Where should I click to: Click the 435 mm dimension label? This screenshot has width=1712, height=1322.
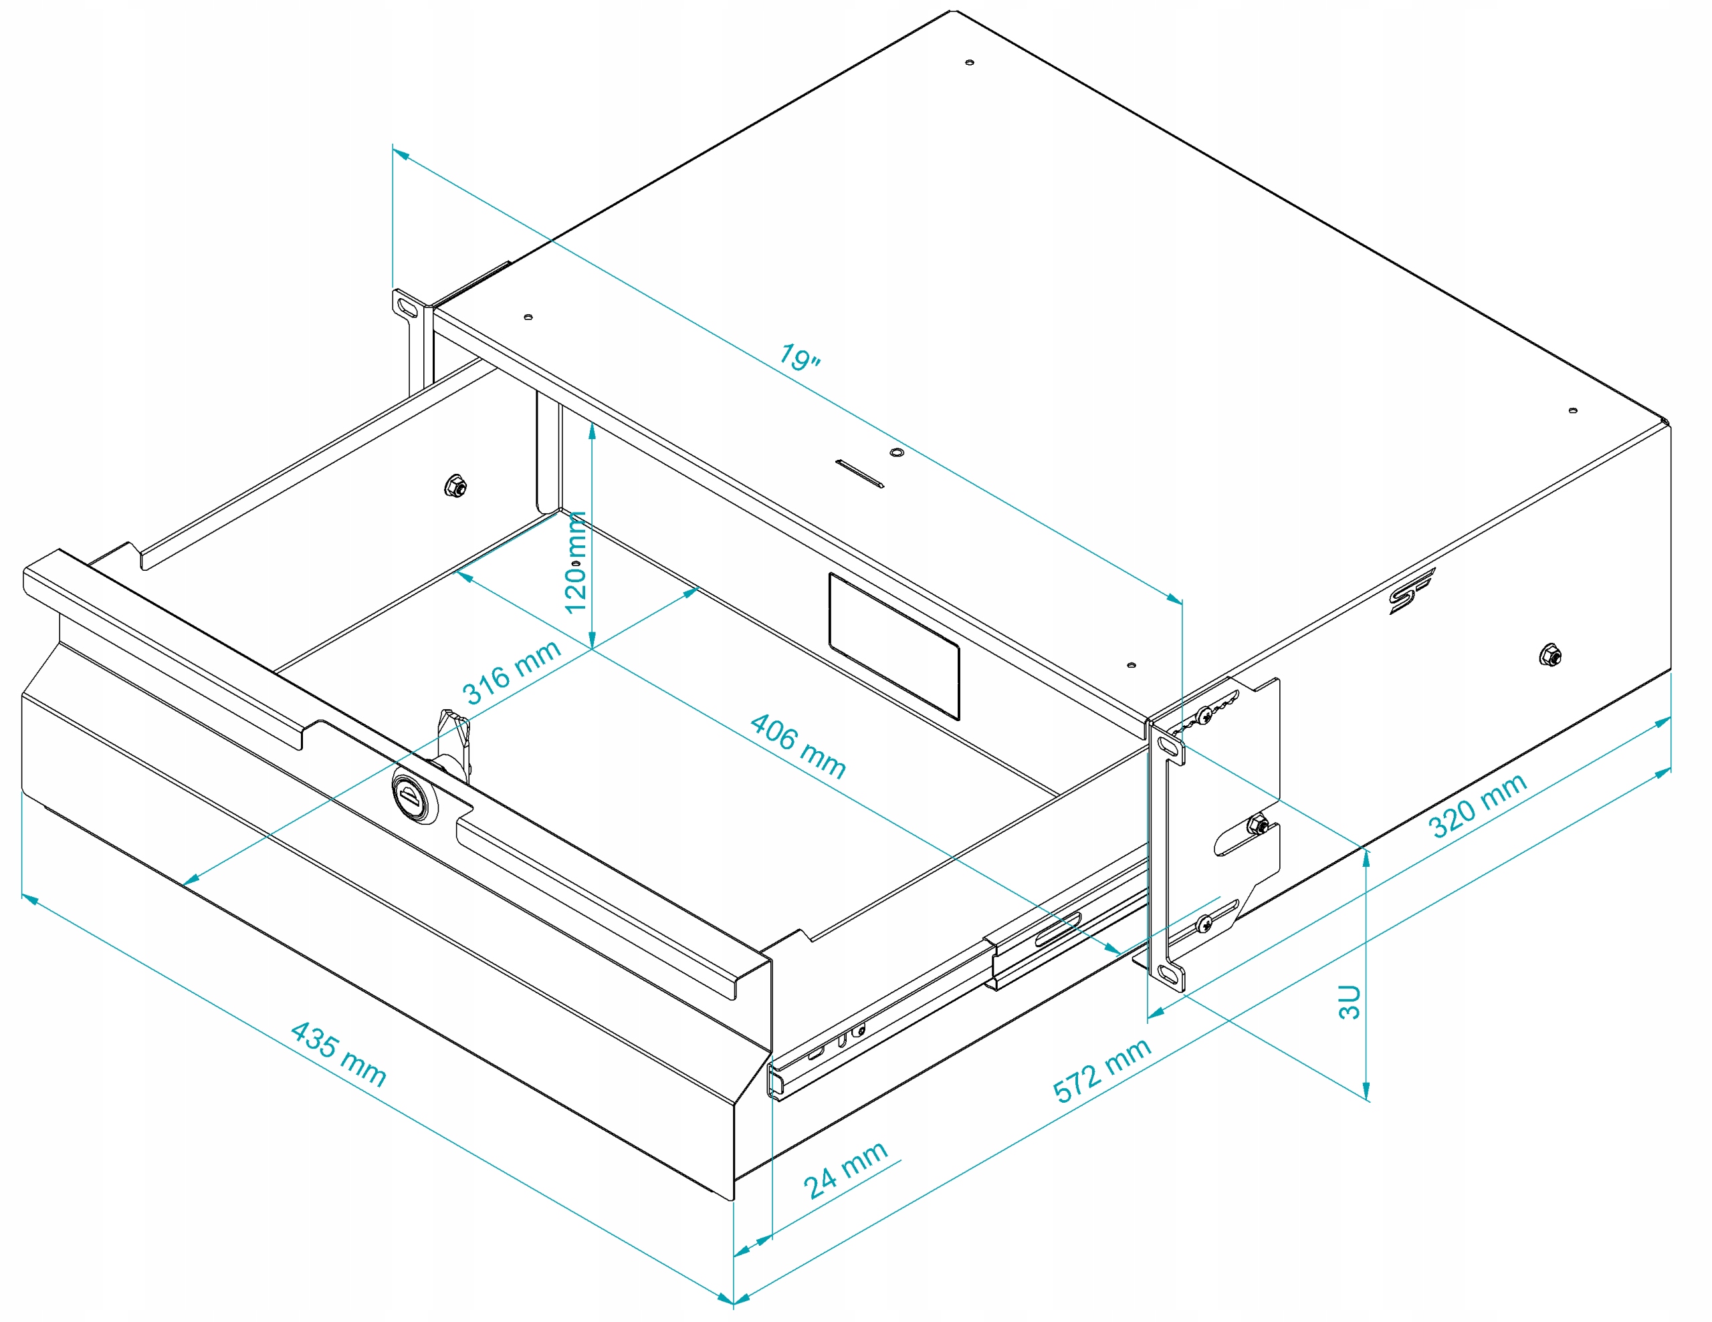click(338, 1054)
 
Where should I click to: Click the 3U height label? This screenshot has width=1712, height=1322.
click(1349, 1001)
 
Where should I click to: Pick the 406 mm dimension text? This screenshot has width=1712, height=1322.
click(797, 746)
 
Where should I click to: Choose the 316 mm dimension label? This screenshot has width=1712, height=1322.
click(511, 672)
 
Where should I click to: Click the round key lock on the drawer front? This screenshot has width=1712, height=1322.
click(413, 799)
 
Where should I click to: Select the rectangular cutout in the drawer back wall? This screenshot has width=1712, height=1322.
click(893, 646)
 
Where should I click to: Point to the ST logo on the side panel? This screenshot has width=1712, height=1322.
click(1411, 589)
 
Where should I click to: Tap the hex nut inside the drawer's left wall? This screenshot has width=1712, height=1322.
click(455, 487)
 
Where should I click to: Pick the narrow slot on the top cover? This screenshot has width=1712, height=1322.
click(860, 473)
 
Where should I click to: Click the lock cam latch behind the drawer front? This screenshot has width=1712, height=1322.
click(455, 741)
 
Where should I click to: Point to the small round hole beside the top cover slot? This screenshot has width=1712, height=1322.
click(897, 452)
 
